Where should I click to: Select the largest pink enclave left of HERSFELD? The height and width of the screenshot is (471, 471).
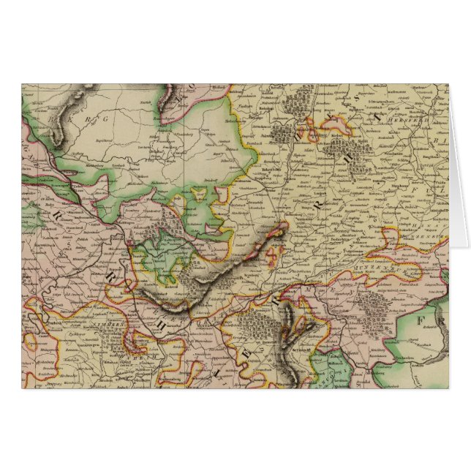[318, 135]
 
